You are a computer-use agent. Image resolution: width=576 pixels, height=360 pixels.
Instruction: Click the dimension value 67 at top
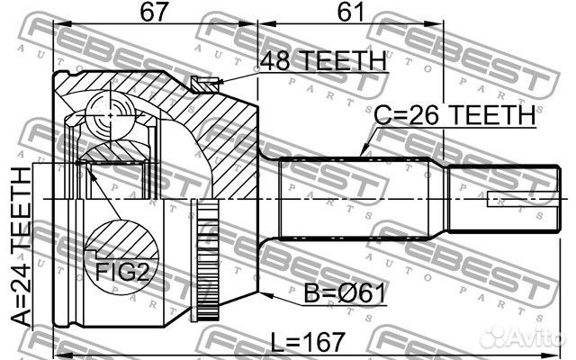pos(155,12)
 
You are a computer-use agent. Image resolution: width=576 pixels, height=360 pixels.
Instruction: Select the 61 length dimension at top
pos(350,12)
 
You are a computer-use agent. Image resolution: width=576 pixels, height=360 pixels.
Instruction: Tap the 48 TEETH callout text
pos(323,60)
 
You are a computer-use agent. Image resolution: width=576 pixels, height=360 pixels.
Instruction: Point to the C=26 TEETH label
pos(454,115)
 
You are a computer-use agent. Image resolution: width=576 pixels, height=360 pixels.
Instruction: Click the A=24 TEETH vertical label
pos(21,246)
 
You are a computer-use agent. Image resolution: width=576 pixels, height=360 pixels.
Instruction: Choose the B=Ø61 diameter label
pos(344,293)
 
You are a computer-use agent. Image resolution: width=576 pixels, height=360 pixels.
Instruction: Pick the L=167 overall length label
pos(308,342)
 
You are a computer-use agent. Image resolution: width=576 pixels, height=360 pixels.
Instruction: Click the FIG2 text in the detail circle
pos(122,272)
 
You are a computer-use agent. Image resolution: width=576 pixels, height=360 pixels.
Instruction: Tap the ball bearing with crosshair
pos(110,116)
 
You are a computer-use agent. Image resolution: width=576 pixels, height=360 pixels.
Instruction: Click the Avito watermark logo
pos(523,337)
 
